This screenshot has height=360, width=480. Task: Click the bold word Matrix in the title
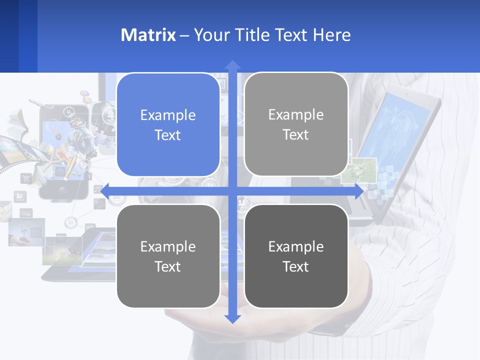(148, 35)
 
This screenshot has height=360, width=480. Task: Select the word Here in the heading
(332, 35)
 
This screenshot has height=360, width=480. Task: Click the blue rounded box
(168, 125)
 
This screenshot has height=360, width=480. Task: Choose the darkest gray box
(296, 256)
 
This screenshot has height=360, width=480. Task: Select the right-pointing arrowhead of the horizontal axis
(358, 191)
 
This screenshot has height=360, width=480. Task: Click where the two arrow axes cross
(232, 191)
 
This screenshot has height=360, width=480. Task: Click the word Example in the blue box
(168, 115)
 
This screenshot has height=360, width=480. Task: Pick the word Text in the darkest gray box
(296, 266)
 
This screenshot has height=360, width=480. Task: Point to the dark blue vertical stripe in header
(28, 36)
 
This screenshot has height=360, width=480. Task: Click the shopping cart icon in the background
(25, 178)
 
